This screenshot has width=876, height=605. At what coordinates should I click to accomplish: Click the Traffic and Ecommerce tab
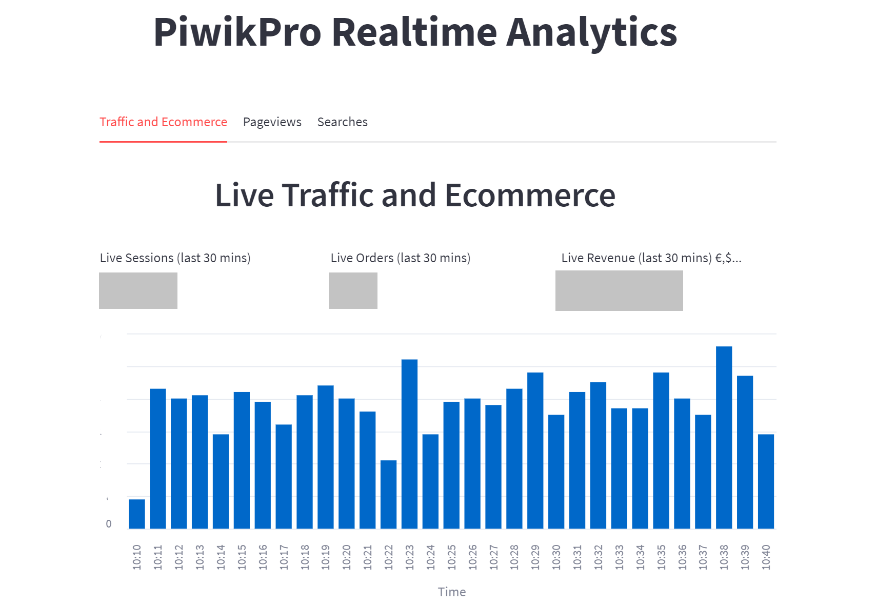pyautogui.click(x=163, y=122)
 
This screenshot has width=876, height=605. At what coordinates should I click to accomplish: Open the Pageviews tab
pyautogui.click(x=272, y=122)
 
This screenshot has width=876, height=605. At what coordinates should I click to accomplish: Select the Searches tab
pyautogui.click(x=342, y=122)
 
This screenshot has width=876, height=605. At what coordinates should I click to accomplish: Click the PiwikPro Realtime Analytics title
pyautogui.click(x=415, y=32)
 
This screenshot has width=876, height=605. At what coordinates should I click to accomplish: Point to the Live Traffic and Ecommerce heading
pyautogui.click(x=415, y=196)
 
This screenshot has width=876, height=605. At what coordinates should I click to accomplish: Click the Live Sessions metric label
pyautogui.click(x=175, y=258)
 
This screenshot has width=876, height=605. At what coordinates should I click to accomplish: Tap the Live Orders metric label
pyautogui.click(x=400, y=258)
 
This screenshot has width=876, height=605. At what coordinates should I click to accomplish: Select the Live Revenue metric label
pyautogui.click(x=651, y=258)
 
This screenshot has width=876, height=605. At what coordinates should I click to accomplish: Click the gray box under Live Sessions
pyautogui.click(x=138, y=290)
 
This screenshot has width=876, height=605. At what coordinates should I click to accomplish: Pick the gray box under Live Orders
pyautogui.click(x=353, y=290)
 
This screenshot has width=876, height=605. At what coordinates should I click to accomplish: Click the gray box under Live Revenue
pyautogui.click(x=619, y=290)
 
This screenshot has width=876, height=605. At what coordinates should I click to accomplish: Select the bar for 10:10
pyautogui.click(x=137, y=514)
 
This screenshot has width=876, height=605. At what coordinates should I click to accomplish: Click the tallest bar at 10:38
pyautogui.click(x=724, y=437)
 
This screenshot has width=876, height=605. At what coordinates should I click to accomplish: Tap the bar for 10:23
pyautogui.click(x=409, y=444)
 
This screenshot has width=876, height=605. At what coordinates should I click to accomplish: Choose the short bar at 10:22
pyautogui.click(x=388, y=494)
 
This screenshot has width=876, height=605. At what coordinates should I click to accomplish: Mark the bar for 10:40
pyautogui.click(x=766, y=481)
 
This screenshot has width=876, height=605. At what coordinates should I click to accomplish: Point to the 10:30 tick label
pyautogui.click(x=556, y=557)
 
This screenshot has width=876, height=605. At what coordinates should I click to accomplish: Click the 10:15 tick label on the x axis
pyautogui.click(x=242, y=557)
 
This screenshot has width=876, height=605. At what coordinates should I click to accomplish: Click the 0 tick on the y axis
pyautogui.click(x=108, y=524)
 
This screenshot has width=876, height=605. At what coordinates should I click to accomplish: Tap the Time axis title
pyautogui.click(x=452, y=592)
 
